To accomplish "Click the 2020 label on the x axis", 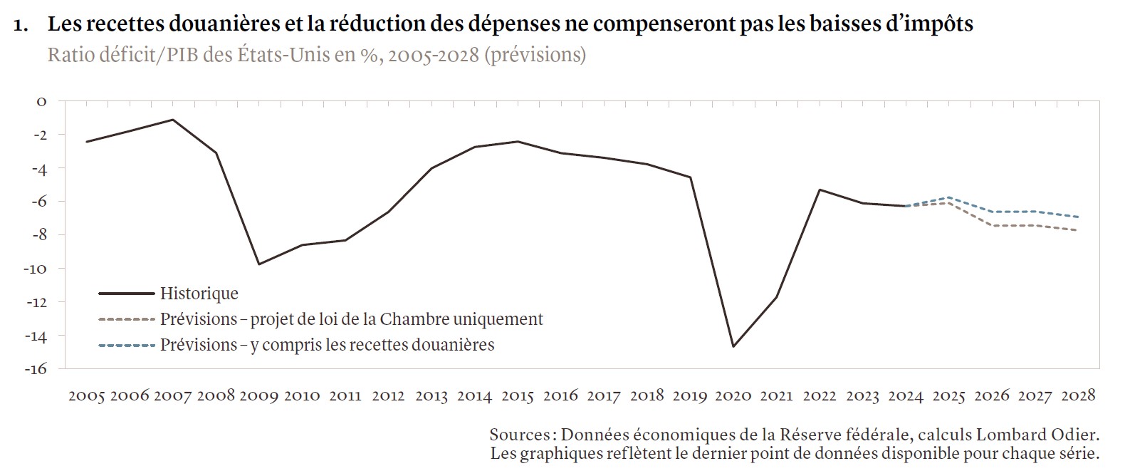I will coord(733,395).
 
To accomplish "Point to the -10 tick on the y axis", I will coord(37,269).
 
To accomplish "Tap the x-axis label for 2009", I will coord(258,395).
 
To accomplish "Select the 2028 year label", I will coord(1077,395).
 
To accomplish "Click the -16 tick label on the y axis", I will coord(37,369).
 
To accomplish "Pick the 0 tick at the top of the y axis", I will coord(41,102).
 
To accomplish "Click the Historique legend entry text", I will coord(199,294).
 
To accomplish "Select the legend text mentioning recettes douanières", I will coord(327,345).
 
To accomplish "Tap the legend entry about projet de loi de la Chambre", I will coord(351,319).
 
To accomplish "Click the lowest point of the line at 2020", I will coord(733,346).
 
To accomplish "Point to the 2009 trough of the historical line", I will coord(259,264).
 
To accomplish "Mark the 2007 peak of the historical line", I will coord(173,120).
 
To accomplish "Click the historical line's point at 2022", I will coord(820,190).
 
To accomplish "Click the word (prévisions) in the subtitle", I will coord(535,54).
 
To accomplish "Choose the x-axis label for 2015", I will coord(517,395).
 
